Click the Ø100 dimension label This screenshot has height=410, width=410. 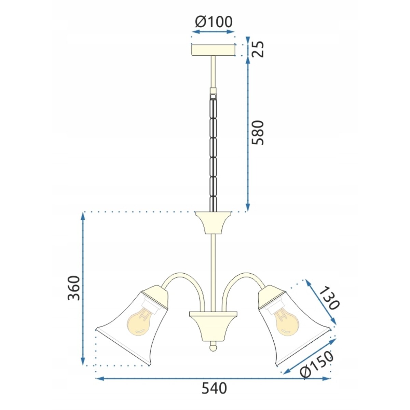click(x=214, y=22)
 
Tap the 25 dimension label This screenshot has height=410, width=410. click(x=258, y=49)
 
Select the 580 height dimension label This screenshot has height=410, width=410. click(x=258, y=133)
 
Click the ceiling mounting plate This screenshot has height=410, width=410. click(x=213, y=50)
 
